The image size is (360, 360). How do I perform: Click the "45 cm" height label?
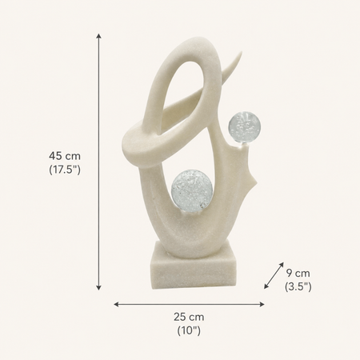[x=65, y=156]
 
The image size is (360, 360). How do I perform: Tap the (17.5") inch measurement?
[x=65, y=170]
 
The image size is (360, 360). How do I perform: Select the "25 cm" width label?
[x=189, y=317]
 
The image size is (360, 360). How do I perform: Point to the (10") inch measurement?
[x=189, y=330]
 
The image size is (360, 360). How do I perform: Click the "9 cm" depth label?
[x=298, y=273]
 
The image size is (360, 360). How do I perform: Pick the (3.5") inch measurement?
[x=298, y=286]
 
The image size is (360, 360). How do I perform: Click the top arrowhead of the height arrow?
[x=98, y=36]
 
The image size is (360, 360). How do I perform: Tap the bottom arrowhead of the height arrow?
[x=98, y=287]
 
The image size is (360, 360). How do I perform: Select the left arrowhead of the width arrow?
[x=116, y=304]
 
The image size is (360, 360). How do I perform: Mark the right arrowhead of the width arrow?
[x=262, y=304]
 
